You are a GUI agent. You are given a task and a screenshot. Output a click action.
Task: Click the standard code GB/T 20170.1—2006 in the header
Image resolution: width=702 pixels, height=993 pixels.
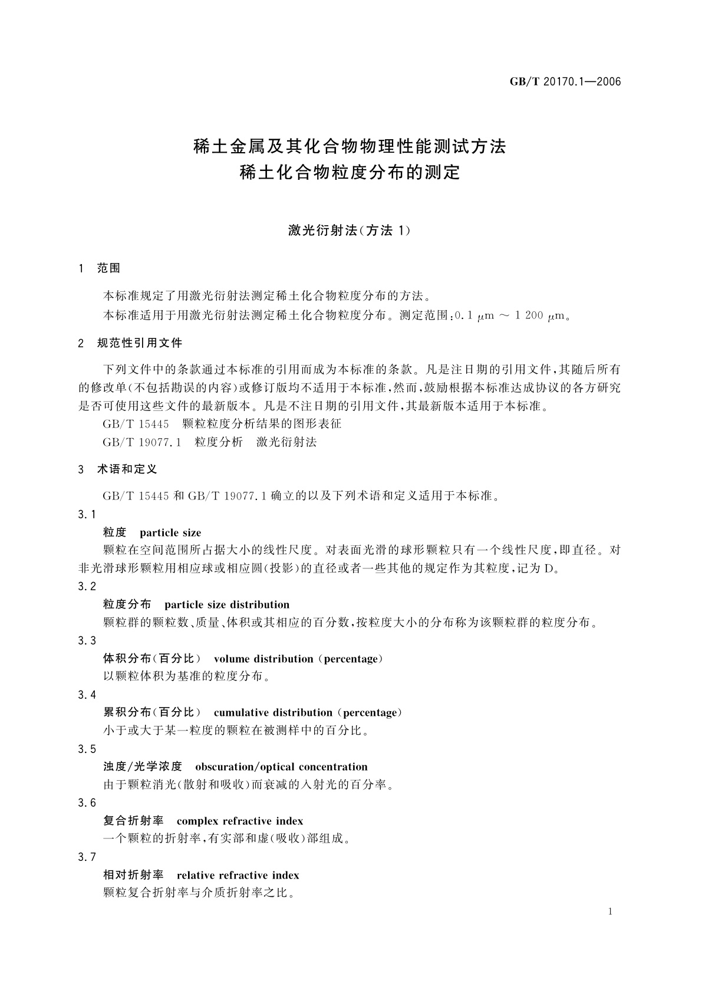[x=565, y=82]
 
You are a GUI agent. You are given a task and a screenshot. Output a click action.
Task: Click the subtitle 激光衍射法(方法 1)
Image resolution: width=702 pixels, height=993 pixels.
[x=349, y=231]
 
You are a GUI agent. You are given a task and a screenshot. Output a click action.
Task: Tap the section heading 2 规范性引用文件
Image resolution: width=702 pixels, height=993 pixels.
[x=130, y=343]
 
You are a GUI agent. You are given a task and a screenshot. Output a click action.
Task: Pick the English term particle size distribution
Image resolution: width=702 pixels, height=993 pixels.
[x=227, y=604]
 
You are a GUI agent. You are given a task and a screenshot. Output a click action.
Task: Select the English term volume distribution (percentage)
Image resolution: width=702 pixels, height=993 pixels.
[x=298, y=659]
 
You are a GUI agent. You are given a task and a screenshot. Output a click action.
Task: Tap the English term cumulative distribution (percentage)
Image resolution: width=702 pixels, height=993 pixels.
[x=308, y=712]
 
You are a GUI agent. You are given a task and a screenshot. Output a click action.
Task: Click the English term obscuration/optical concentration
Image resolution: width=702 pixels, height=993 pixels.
[x=281, y=767]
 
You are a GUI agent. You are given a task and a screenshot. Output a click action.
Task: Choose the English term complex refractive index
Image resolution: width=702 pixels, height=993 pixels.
[x=240, y=821]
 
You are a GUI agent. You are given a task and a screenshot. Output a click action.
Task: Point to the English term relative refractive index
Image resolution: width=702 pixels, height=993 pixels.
[x=238, y=875]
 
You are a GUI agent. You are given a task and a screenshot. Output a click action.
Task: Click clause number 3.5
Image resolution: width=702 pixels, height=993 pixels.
[x=87, y=749]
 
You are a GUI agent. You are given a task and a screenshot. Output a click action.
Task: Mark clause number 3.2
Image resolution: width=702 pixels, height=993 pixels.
[x=87, y=587]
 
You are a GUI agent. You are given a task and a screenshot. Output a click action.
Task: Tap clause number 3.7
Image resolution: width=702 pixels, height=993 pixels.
[x=87, y=857]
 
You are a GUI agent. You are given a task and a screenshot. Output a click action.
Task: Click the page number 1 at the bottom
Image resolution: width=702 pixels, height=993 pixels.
[x=610, y=912]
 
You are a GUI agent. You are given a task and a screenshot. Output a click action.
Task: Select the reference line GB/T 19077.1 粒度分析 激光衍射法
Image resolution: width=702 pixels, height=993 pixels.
[x=210, y=442]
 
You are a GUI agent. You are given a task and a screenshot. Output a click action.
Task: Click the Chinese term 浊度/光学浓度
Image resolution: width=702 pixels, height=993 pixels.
[x=143, y=767]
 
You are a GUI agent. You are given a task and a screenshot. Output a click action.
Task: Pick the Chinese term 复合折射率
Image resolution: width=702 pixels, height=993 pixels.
[x=133, y=821]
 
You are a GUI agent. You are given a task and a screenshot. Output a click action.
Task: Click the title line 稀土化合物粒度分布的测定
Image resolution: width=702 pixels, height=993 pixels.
[x=350, y=173]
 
